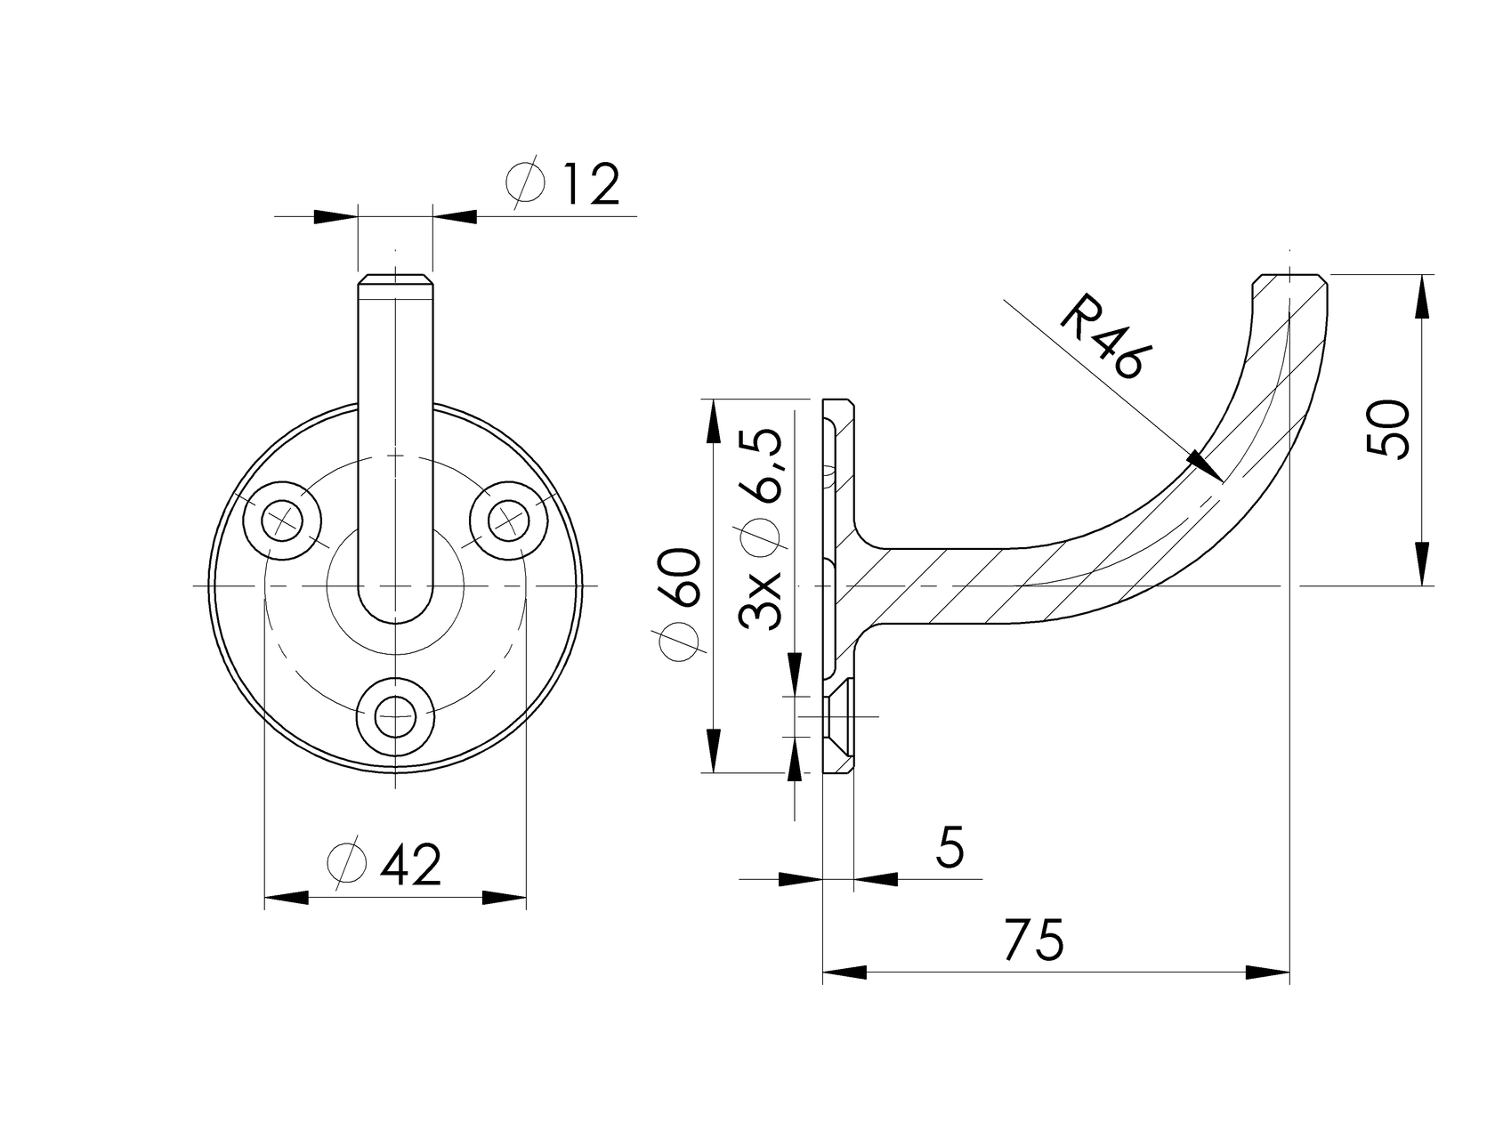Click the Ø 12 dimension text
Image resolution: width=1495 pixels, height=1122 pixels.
562,184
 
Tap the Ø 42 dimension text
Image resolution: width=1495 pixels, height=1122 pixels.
385,864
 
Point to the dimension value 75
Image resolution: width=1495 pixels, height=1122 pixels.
1033,940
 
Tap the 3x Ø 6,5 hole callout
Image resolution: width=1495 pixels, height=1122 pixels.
762,529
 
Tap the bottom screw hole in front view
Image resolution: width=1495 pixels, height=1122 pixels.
395,717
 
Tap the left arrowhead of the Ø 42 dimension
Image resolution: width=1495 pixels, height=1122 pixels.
287,898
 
